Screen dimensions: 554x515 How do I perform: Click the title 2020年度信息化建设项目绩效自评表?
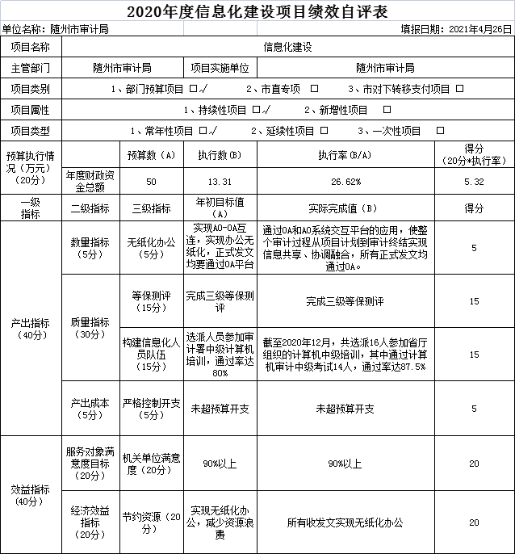257,11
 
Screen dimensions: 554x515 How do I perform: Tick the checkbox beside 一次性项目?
441,130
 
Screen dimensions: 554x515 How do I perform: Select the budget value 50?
152,181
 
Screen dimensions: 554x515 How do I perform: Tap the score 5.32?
474,181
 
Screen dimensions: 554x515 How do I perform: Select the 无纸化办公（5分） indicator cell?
152,247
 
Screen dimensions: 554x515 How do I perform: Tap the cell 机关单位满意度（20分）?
152,464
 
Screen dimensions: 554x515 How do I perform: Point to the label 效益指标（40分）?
31,494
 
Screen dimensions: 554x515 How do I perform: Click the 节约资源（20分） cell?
152,522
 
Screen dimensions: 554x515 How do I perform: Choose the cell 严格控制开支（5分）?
152,409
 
